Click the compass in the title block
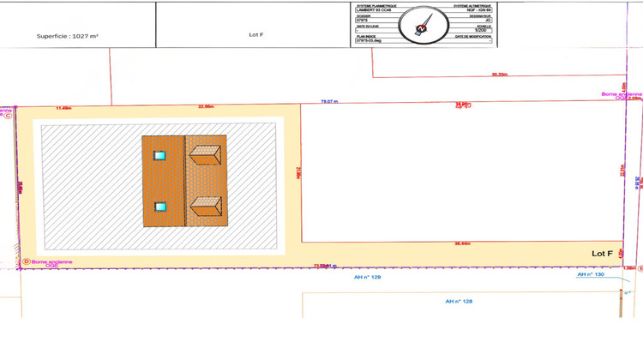click(x=422, y=23)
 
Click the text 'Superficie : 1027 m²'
click(x=69, y=37)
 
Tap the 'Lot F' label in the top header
click(x=255, y=35)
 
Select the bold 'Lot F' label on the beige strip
click(x=602, y=254)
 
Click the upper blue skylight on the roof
click(x=159, y=155)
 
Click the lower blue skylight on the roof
click(x=159, y=207)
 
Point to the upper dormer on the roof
click(x=207, y=154)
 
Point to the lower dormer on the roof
click(x=207, y=207)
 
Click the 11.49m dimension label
click(x=63, y=108)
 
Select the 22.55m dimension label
click(x=206, y=107)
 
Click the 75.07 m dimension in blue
click(x=329, y=101)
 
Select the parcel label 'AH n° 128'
click(x=460, y=302)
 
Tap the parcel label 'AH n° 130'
click(x=591, y=275)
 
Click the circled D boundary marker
click(x=26, y=261)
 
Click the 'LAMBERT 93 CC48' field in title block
click(x=373, y=9)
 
